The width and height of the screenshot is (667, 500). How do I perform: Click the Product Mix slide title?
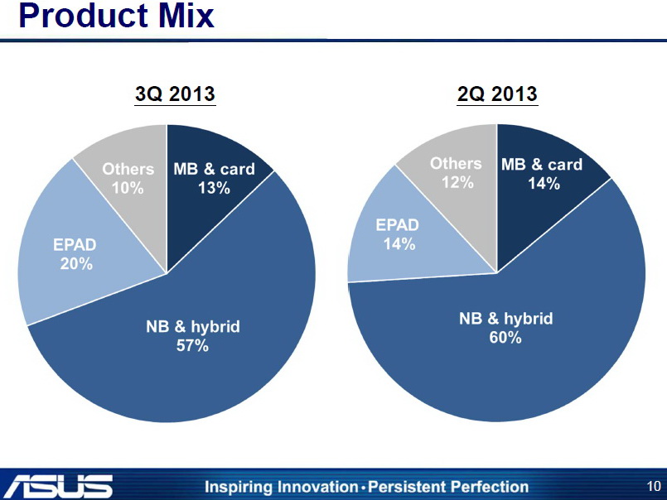point(116,17)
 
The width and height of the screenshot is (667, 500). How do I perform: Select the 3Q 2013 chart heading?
point(175,95)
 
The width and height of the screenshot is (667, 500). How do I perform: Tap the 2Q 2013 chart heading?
point(497,95)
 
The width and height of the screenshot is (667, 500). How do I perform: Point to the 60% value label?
point(505,338)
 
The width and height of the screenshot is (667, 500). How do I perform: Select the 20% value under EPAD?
point(75,264)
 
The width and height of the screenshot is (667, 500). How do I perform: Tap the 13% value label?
point(214,189)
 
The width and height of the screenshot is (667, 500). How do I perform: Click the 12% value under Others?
point(457,182)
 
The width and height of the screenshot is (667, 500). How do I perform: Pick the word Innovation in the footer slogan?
point(312,487)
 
